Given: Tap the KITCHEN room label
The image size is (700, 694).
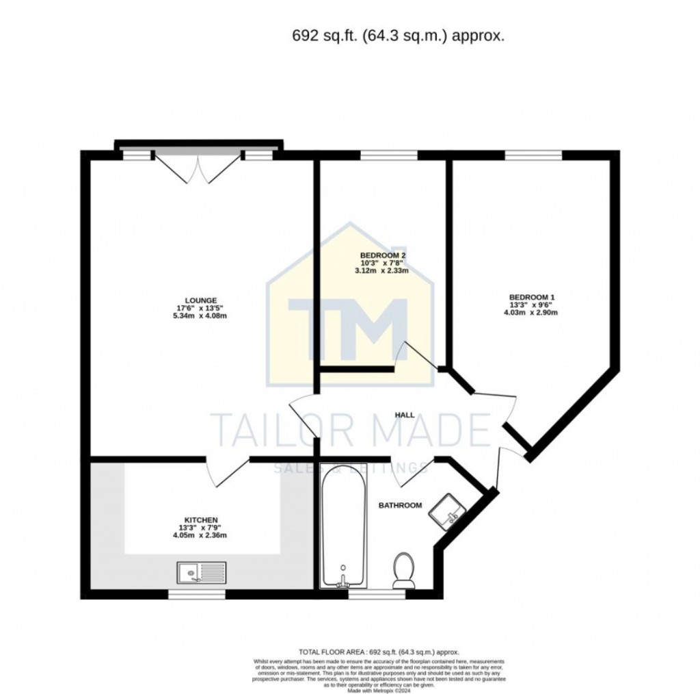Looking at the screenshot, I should pyautogui.click(x=200, y=519).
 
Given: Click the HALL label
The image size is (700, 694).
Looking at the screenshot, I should pyautogui.click(x=405, y=415).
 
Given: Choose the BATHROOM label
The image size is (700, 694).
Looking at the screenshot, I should pyautogui.click(x=400, y=505).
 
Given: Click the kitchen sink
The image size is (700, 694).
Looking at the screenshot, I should pyautogui.click(x=201, y=571).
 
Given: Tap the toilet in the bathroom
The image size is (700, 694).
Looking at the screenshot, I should pyautogui.click(x=403, y=570).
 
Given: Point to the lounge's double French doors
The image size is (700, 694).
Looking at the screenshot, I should pyautogui.click(x=198, y=166).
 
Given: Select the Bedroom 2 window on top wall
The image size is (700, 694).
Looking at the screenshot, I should pyautogui.click(x=388, y=155).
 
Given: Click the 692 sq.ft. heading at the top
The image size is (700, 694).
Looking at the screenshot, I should pyautogui.click(x=398, y=36).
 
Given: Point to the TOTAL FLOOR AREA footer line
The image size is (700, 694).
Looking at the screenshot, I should pyautogui.click(x=379, y=652).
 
